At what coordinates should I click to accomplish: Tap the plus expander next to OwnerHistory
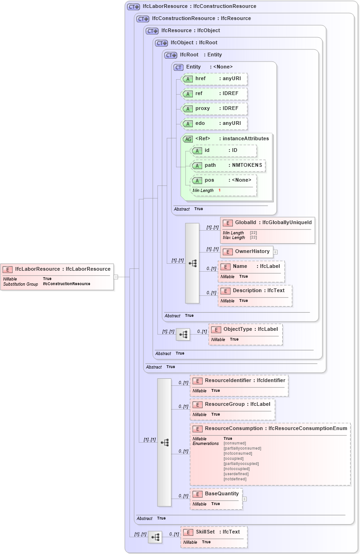(x=275, y=252)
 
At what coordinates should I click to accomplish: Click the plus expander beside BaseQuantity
(x=245, y=499)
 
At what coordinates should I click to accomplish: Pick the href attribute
(x=214, y=79)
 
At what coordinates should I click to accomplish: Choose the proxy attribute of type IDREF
(x=214, y=109)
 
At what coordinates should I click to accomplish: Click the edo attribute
(x=214, y=123)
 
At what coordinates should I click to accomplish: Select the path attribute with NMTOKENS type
(x=228, y=165)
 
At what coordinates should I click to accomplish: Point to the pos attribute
(x=224, y=180)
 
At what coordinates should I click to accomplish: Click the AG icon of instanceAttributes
(x=188, y=139)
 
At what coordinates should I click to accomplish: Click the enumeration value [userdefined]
(x=236, y=474)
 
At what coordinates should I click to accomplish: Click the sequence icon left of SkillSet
(x=155, y=537)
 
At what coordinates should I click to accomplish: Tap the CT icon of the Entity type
(x=178, y=67)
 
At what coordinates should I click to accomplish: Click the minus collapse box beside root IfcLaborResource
(x=116, y=277)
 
